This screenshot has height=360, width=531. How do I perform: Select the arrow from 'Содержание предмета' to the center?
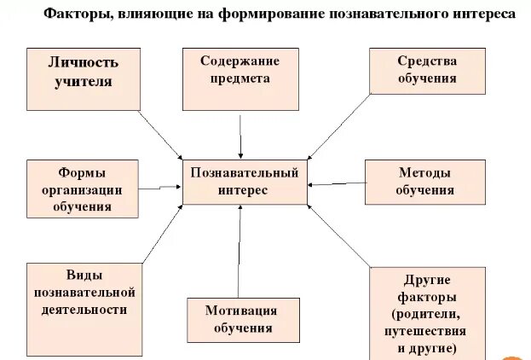click(x=242, y=127)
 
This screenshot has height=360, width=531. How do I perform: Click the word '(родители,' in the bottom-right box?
click(x=429, y=313)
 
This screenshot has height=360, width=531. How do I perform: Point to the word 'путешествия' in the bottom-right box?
click(x=429, y=330)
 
